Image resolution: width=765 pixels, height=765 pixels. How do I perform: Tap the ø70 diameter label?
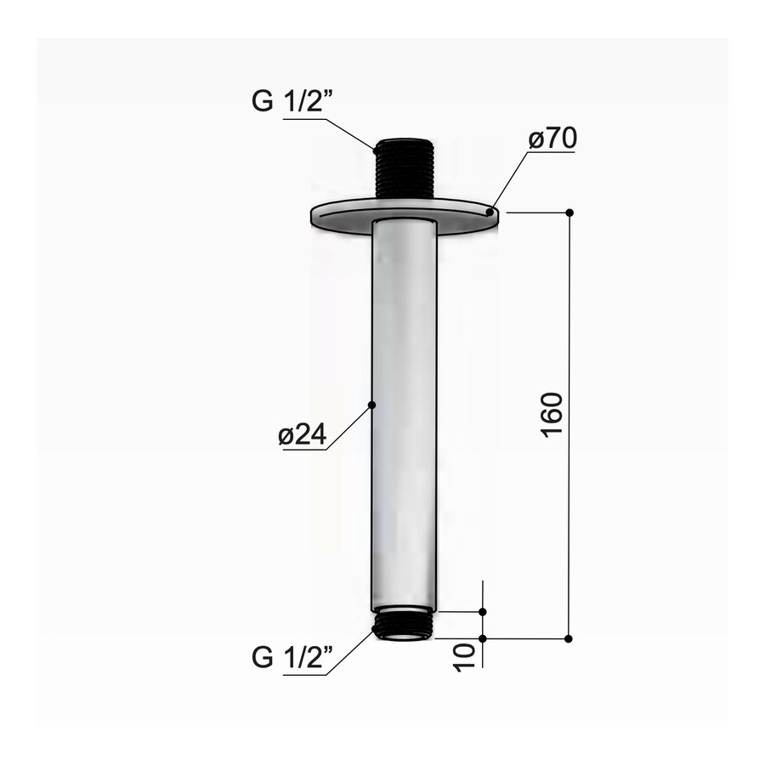coord(551,139)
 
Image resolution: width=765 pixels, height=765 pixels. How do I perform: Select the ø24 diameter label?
coord(302,435)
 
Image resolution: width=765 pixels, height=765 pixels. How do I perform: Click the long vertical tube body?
coord(405,408)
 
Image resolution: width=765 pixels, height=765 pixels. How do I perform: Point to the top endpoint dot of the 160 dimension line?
coord(569,212)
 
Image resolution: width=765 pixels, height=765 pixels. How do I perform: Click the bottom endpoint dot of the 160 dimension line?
coord(569,637)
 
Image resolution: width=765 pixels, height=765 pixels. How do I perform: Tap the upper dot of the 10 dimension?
coord(483,611)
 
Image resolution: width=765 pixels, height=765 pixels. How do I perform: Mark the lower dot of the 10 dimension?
coord(483,637)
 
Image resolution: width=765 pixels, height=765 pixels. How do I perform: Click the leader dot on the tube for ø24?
coord(371,406)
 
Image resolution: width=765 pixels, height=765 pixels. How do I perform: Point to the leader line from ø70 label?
coord(509,179)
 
